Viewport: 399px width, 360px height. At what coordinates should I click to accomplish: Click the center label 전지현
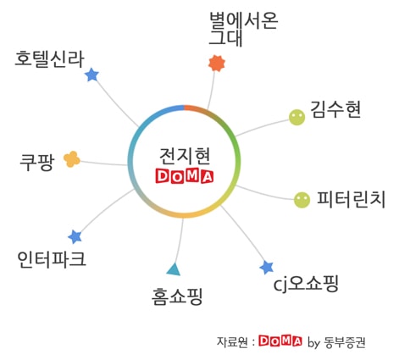[x=185, y=156]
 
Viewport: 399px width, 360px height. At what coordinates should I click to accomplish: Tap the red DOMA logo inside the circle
[x=185, y=176]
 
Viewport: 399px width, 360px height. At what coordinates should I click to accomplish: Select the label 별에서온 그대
[x=243, y=29]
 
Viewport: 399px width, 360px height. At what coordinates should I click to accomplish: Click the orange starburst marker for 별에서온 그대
[x=217, y=64]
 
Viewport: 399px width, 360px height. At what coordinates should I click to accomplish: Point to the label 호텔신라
[x=50, y=59]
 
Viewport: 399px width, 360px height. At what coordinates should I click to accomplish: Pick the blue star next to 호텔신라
[x=91, y=75]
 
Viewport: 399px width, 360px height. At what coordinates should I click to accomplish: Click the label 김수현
[x=335, y=109]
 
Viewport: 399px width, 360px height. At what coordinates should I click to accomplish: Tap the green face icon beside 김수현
[x=297, y=117]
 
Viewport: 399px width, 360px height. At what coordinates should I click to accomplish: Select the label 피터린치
[x=352, y=199]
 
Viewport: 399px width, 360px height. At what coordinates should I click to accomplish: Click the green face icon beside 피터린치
[x=302, y=200]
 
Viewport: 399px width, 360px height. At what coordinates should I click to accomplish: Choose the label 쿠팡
[x=37, y=162]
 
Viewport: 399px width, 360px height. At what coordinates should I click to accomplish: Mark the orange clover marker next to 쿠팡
[x=72, y=159]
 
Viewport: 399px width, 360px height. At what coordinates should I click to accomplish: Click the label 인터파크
[x=52, y=259]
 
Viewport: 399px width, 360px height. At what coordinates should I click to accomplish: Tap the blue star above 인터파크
[x=75, y=237]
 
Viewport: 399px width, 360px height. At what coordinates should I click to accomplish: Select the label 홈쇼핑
[x=177, y=296]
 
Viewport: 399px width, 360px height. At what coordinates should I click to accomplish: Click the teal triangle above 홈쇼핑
[x=174, y=270]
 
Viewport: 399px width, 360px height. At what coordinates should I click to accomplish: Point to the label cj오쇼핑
[x=306, y=284]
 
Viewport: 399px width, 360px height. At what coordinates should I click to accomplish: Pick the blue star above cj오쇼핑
[x=267, y=268]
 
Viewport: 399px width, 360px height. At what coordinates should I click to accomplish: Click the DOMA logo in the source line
[x=280, y=341]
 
